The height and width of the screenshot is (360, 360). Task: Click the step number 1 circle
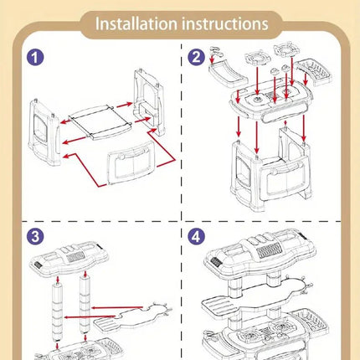35,58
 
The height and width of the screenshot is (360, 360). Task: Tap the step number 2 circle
196,57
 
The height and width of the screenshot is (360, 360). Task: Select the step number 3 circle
35,237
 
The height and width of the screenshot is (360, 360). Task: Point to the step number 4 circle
196,237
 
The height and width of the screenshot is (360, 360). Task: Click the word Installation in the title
136,23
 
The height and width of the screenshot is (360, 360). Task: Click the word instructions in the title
225,23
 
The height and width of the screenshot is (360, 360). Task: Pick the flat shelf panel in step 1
100,121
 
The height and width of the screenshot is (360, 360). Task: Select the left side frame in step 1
44,132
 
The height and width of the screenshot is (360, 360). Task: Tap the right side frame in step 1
148,102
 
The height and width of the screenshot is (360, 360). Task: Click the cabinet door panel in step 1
131,162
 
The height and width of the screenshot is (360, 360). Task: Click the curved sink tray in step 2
228,73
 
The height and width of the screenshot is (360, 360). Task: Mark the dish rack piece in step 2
315,71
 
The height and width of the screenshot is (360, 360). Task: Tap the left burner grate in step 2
258,59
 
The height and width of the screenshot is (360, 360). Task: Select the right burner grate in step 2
287,50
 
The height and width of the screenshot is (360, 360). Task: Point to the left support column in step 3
58,312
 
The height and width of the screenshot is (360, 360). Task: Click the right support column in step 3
85,304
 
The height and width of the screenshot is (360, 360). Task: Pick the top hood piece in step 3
69,258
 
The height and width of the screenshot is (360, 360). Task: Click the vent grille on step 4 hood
268,249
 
